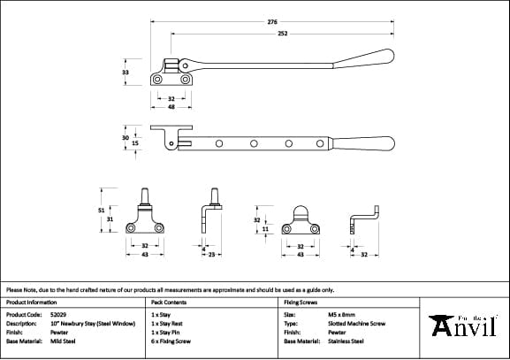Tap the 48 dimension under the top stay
[x=171, y=106]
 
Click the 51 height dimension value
[x=101, y=210]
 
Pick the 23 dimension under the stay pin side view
[x=211, y=255]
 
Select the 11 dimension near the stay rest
[x=266, y=229]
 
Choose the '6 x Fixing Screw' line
[x=171, y=341]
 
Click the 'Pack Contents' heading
[x=169, y=302]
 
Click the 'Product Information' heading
[x=31, y=302]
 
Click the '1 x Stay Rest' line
[x=168, y=323]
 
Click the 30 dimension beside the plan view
[x=126, y=137]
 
